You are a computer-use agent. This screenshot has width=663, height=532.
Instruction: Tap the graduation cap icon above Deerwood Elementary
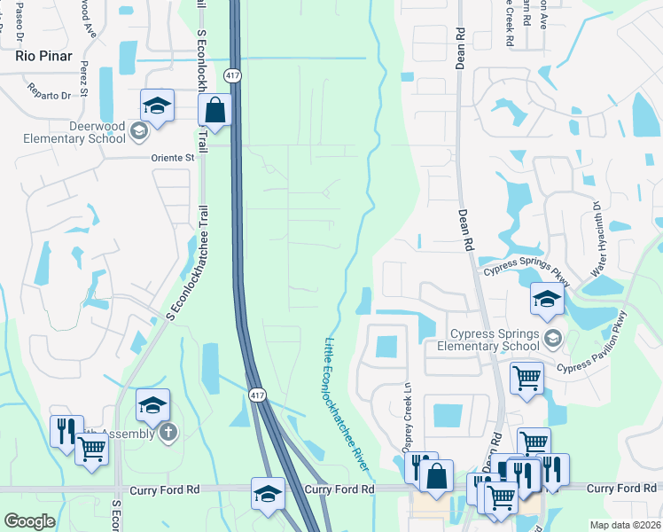[x=157, y=106]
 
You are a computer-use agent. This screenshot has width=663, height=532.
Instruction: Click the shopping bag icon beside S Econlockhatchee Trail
[x=214, y=111]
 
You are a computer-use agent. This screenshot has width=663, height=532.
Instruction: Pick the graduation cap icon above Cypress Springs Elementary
[x=547, y=299]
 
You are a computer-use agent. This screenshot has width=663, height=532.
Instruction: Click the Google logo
[x=29, y=521]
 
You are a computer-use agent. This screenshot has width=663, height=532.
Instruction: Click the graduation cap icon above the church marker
[x=152, y=405]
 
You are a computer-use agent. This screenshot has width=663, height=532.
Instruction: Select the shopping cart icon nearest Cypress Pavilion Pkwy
[x=526, y=378]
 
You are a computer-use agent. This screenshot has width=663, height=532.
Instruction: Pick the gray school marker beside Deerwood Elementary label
[x=138, y=132]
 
